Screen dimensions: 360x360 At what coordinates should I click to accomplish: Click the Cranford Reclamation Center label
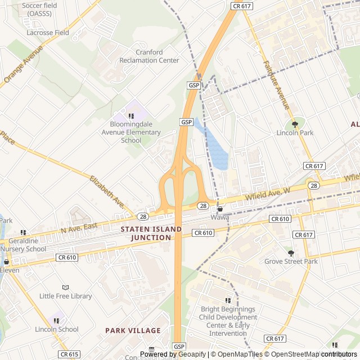point(149,56)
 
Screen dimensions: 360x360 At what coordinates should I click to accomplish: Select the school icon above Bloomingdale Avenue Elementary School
point(131,116)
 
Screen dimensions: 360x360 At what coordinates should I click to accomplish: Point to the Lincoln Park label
point(295,133)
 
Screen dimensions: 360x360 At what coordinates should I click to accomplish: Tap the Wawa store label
point(219,217)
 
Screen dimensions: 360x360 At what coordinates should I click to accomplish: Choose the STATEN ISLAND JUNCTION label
point(151,233)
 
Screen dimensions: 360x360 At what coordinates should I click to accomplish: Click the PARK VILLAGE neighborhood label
point(133,331)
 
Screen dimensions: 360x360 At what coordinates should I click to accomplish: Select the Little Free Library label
point(65,296)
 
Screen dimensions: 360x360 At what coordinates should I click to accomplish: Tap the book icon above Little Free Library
point(65,287)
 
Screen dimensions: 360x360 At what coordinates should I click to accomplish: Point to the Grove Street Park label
point(291,262)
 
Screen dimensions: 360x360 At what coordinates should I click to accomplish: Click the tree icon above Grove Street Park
point(291,253)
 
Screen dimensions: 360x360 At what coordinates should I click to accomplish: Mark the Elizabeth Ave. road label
point(106,192)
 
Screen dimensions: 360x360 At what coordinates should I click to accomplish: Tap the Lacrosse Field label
point(48,33)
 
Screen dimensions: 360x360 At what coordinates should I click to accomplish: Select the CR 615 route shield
point(69,354)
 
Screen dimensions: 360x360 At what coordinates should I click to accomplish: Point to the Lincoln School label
point(57,329)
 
